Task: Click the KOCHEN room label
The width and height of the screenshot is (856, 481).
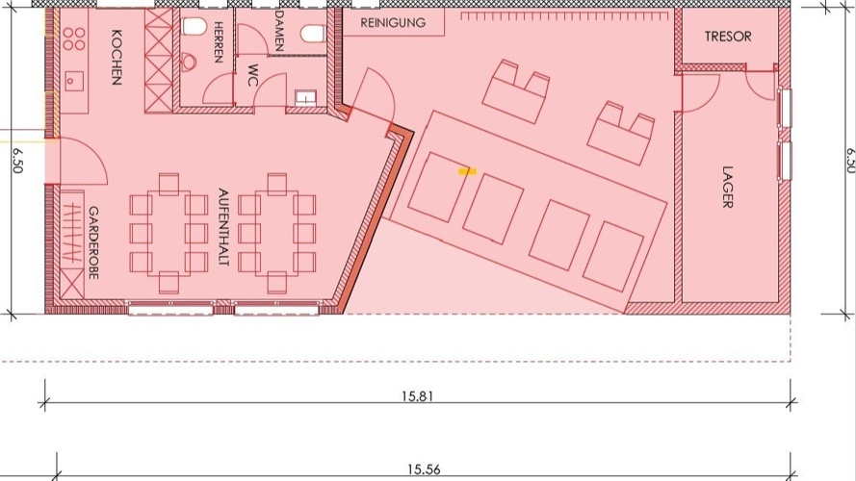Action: (117, 58)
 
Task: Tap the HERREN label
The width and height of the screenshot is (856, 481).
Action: (219, 42)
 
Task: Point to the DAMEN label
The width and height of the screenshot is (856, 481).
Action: (279, 31)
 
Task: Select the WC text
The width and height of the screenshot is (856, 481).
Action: (252, 75)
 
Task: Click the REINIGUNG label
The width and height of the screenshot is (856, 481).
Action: (393, 23)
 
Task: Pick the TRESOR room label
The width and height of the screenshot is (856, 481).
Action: (728, 37)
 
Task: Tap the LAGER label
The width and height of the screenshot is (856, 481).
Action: (727, 187)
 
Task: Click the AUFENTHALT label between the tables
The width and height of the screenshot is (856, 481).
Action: (223, 227)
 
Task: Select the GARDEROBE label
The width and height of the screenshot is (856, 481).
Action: (93, 242)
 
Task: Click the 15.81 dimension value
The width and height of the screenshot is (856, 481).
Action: (418, 396)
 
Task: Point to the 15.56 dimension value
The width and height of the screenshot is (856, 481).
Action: (424, 469)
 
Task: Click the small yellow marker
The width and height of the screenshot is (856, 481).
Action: (467, 172)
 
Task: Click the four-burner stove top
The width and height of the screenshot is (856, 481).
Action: (74, 38)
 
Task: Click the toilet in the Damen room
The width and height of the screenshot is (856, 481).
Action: (312, 34)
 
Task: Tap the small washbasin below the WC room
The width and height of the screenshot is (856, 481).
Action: (306, 98)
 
